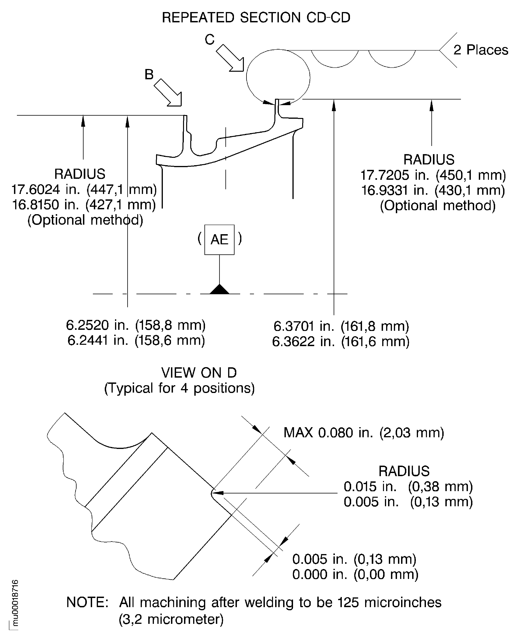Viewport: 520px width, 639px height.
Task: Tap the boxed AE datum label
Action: pos(219,240)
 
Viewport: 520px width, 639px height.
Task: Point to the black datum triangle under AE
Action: pos(219,290)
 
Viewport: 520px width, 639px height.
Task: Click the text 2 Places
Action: pos(481,50)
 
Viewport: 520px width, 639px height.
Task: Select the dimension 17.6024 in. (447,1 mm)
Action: pos(84,189)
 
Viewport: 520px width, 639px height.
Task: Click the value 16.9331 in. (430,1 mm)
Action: pos(433,190)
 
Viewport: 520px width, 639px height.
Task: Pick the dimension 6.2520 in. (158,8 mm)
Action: pos(136,325)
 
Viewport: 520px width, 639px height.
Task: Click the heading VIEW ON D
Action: pos(199,373)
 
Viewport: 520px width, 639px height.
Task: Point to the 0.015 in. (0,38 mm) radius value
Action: pos(408,486)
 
